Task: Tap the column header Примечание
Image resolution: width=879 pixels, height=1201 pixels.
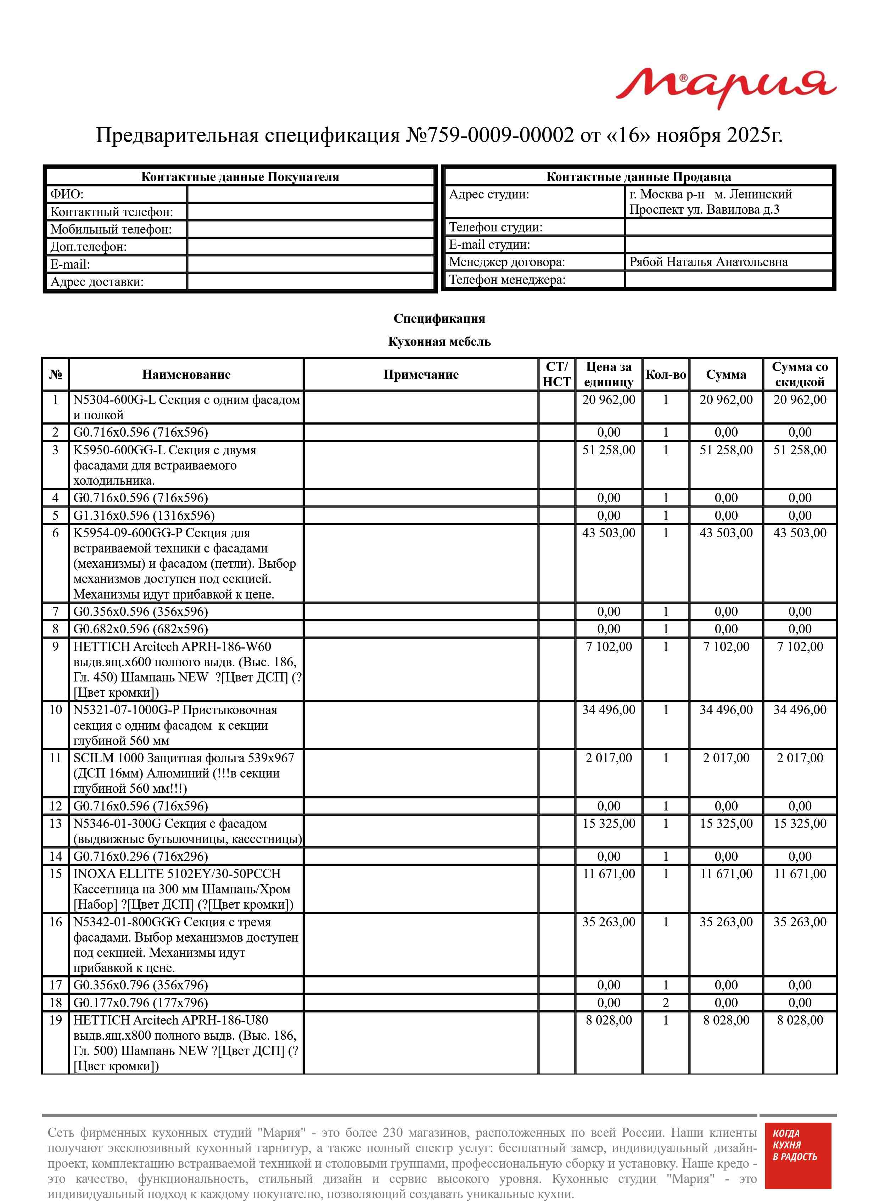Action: coord(420,375)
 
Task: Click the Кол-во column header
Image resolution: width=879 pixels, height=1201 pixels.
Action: coord(665,375)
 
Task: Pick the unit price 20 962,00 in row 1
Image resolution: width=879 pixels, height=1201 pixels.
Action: coord(608,400)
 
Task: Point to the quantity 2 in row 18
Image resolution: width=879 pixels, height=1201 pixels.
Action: coord(665,1003)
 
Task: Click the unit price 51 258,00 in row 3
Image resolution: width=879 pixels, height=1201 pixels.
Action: coord(608,450)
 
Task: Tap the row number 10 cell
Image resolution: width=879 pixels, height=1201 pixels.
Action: coord(55,710)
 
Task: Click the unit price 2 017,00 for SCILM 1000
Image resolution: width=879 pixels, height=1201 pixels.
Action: coord(608,758)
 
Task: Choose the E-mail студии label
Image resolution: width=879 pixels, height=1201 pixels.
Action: coord(489,245)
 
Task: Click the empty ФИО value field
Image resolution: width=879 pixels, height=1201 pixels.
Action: coord(311,194)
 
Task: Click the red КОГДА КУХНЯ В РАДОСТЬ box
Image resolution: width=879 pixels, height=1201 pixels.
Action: coord(797,1163)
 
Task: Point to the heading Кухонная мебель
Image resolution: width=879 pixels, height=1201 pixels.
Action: coord(439,342)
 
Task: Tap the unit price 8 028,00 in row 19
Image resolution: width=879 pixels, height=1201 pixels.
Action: coord(608,1020)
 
